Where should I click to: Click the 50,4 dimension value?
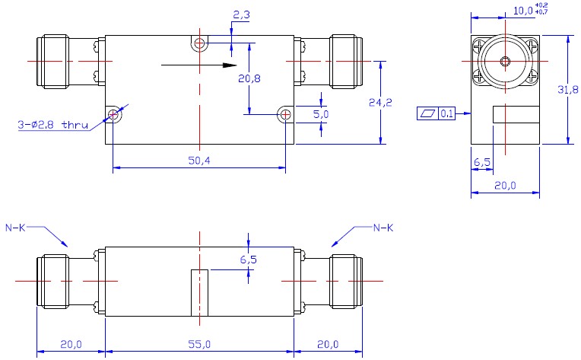(199, 161)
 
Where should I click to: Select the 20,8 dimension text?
(249, 78)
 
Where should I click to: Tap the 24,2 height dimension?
(380, 102)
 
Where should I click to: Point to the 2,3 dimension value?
(241, 14)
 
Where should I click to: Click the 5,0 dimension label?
(321, 114)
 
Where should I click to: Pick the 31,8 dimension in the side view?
(567, 89)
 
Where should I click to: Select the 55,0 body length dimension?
(199, 345)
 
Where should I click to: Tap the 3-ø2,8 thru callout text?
(53, 125)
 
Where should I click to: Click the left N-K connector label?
(15, 228)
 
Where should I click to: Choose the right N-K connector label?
(383, 228)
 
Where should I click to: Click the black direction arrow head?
(230, 65)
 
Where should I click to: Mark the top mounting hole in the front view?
(199, 43)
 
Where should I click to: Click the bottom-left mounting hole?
(113, 115)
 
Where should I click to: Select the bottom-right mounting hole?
(285, 115)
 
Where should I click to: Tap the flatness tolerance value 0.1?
(447, 113)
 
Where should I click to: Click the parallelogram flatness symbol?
(428, 113)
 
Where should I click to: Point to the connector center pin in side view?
(505, 61)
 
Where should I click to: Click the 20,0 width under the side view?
(505, 185)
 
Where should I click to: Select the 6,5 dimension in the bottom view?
(248, 260)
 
